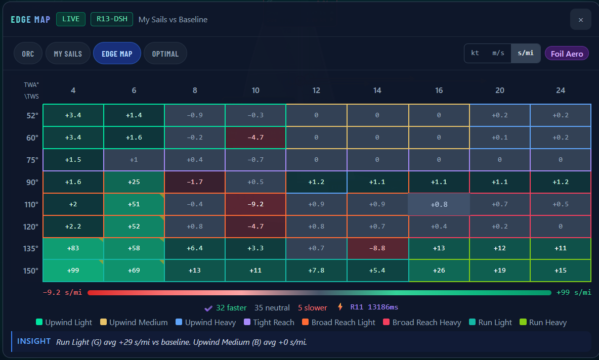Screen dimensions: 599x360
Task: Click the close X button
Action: pyautogui.click(x=580, y=20)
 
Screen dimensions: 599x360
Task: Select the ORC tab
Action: pyautogui.click(x=28, y=54)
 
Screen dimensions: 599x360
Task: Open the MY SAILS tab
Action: pyautogui.click(x=68, y=54)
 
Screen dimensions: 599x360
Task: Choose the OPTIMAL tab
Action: pyautogui.click(x=165, y=54)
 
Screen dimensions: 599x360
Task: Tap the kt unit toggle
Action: pyautogui.click(x=475, y=53)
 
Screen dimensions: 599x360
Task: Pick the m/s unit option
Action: pyautogui.click(x=498, y=53)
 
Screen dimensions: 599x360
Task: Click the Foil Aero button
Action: pyautogui.click(x=567, y=54)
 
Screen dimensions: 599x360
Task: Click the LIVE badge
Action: pyautogui.click(x=71, y=19)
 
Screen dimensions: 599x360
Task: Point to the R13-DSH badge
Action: pyautogui.click(x=111, y=19)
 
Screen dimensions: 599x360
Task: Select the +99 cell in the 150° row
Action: pyautogui.click(x=73, y=271)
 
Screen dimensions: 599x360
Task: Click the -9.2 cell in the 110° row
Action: pyautogui.click(x=255, y=204)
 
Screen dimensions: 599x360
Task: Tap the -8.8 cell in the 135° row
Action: pyautogui.click(x=377, y=249)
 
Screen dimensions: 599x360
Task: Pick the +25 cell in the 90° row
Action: pyautogui.click(x=134, y=182)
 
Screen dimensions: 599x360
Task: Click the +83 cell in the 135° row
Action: pyautogui.click(x=73, y=249)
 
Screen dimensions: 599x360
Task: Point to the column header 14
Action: pyautogui.click(x=377, y=91)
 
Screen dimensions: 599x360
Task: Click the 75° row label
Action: pyautogui.click(x=32, y=160)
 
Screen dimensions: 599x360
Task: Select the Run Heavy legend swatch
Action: pyautogui.click(x=523, y=322)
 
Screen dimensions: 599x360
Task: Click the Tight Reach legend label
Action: pyautogui.click(x=274, y=323)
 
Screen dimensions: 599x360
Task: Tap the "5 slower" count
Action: pyautogui.click(x=313, y=308)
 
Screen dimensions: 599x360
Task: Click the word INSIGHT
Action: pyautogui.click(x=33, y=341)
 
